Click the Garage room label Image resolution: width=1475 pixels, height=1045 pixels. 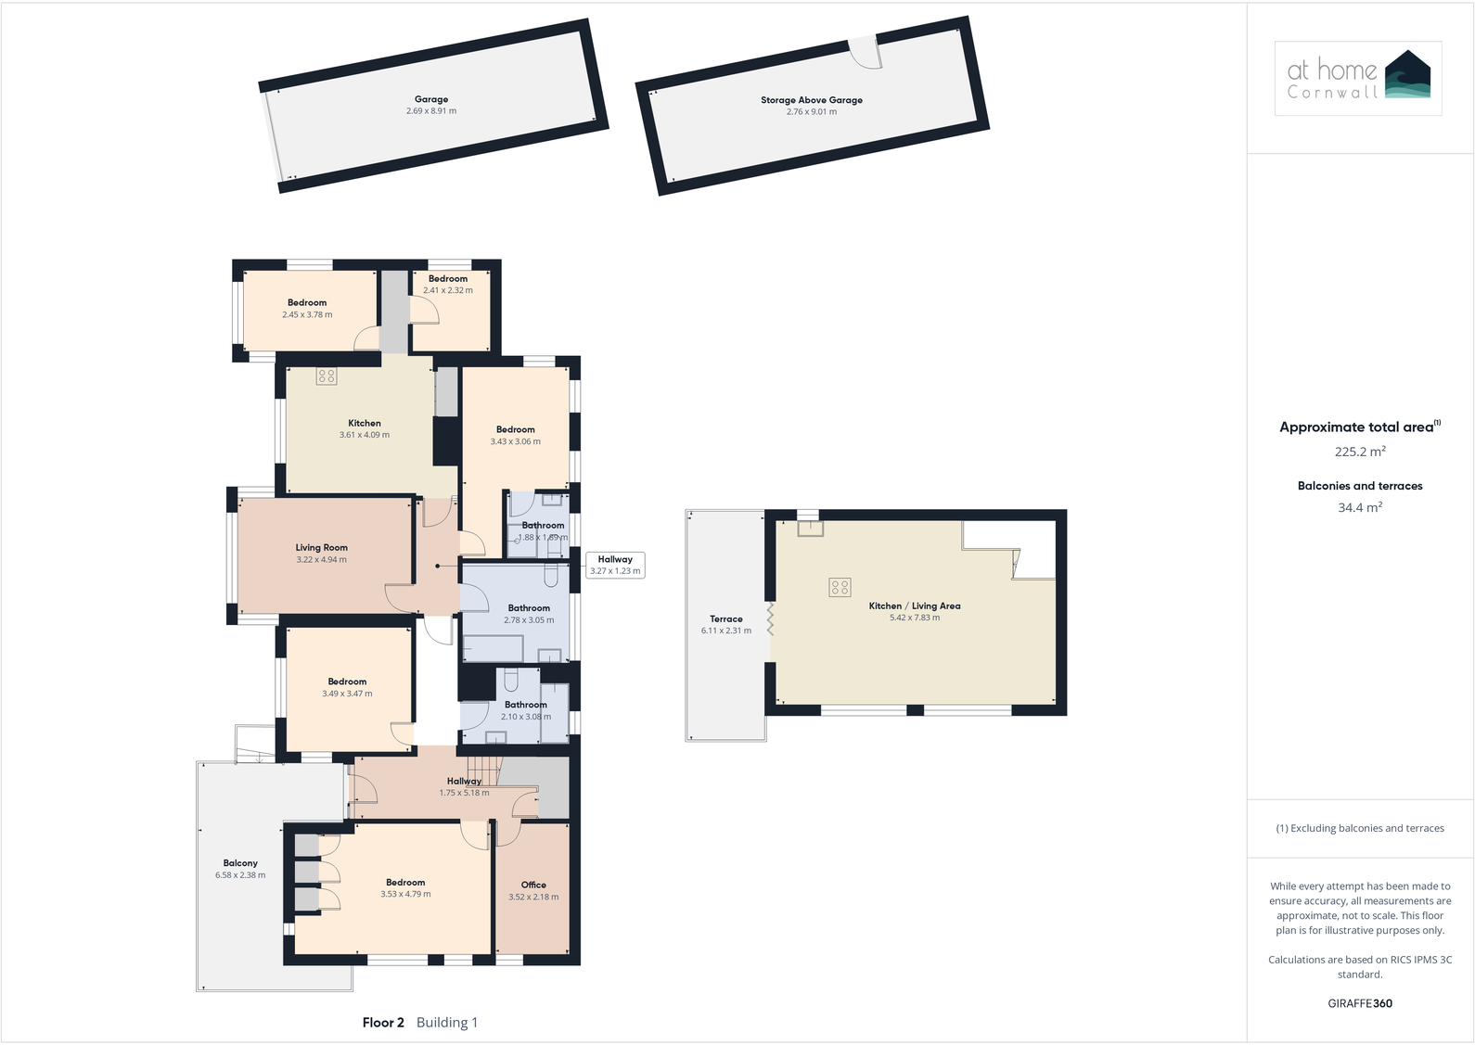(x=431, y=99)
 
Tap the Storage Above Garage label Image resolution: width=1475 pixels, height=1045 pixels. (x=812, y=100)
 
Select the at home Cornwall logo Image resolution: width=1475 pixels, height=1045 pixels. (x=1358, y=78)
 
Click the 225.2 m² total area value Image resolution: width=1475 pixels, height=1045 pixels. (x=1360, y=452)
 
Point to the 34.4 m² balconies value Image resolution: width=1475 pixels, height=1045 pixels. (x=1360, y=508)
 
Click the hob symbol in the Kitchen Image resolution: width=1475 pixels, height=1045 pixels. (x=326, y=376)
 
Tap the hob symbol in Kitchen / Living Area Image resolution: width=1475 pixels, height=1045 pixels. (x=840, y=587)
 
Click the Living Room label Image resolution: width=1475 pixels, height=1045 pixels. (x=322, y=548)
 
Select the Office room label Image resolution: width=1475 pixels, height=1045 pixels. (x=533, y=885)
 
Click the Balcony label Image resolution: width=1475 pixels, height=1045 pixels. (x=240, y=863)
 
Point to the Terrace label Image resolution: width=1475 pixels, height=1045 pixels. (x=726, y=619)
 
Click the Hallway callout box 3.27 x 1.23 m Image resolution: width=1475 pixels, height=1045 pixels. (x=615, y=565)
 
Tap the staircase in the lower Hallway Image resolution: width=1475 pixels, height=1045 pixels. (x=483, y=769)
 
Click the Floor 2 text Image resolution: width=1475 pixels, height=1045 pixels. (x=383, y=1023)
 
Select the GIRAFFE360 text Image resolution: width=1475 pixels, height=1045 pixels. (x=1360, y=1003)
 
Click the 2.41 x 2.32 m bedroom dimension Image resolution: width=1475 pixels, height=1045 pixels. (x=448, y=290)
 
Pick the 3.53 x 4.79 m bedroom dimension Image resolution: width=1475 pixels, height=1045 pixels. (x=405, y=895)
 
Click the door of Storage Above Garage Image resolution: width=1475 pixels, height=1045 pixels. (x=865, y=52)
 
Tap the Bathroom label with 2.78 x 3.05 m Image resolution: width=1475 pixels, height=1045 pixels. (x=529, y=608)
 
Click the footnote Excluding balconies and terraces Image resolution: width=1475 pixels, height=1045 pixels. (x=1360, y=828)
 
